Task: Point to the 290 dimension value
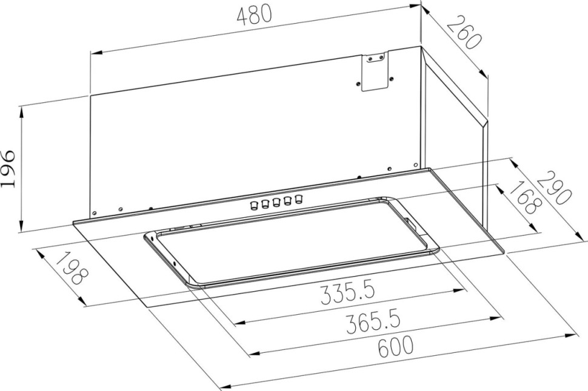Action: (554, 188)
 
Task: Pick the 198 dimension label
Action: (72, 269)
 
